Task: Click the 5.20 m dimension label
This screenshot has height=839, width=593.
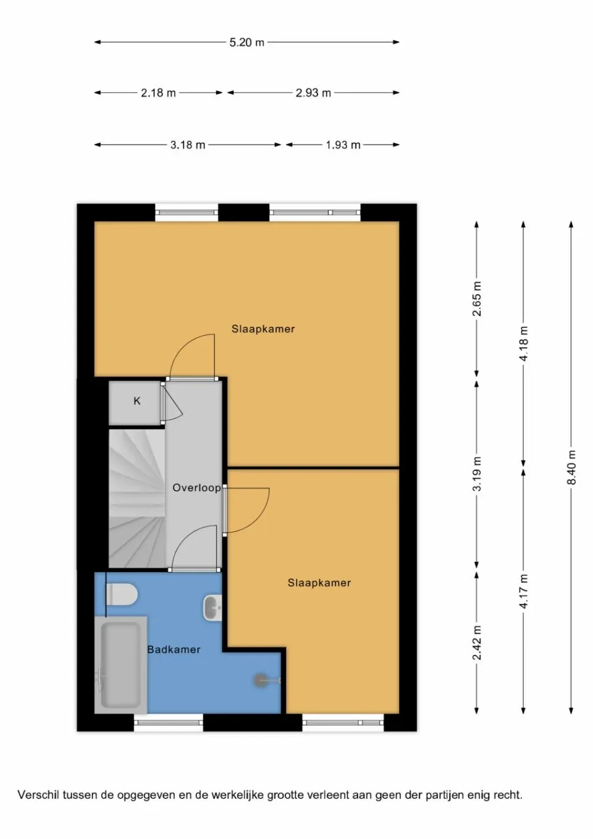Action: pos(246,43)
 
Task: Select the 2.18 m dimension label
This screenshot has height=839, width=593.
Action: pos(158,93)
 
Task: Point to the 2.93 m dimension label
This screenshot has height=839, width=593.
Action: pos(313,93)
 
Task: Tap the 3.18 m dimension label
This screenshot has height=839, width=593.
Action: pos(188,145)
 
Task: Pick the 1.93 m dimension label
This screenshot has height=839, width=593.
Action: pos(343,145)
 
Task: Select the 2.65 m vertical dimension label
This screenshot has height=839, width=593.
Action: pos(477,299)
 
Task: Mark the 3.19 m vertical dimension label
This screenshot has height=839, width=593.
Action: pos(477,474)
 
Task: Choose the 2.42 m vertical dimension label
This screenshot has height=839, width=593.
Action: pos(477,642)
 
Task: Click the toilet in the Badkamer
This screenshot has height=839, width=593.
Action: pos(121,595)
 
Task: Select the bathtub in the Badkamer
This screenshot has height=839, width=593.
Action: pos(121,664)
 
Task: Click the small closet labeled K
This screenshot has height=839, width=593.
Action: pos(137,402)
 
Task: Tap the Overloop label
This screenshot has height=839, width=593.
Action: pos(196,488)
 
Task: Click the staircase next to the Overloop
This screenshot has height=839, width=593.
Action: pos(137,497)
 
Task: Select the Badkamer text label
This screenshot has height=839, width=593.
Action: pos(174,649)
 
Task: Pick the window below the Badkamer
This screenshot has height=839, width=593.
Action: pos(169,722)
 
